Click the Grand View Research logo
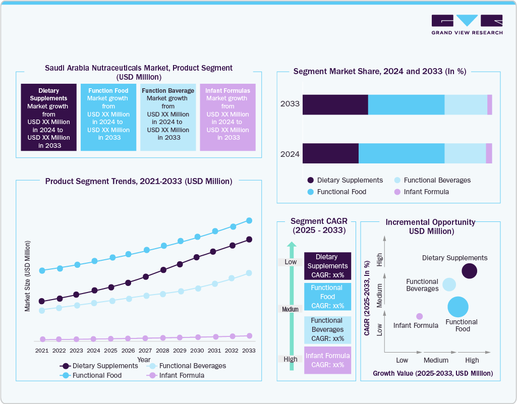point(467,24)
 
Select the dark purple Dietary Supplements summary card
point(48,118)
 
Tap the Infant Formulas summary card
point(227,118)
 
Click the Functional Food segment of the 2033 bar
point(406,104)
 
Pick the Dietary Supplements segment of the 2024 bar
point(330,153)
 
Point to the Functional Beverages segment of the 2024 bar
point(465,153)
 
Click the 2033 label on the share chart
point(290,104)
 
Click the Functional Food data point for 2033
point(249,220)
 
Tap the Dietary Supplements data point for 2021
point(42,301)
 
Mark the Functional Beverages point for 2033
point(249,273)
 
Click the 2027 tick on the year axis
point(145,350)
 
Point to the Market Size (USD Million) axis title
point(28,276)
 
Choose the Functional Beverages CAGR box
point(327,329)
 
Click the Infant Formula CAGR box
point(327,360)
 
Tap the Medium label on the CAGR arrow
point(291,309)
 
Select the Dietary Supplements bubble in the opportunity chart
point(469,271)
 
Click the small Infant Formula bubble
point(419,316)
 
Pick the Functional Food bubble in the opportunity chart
point(458,307)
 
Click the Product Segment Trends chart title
point(139,181)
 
